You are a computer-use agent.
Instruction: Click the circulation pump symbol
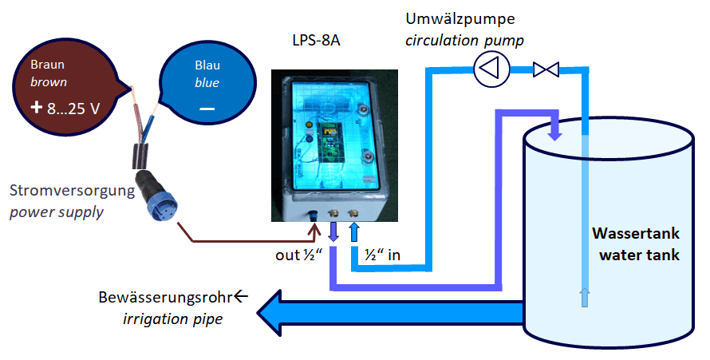[x=490, y=69]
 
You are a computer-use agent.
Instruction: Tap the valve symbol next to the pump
[x=546, y=69]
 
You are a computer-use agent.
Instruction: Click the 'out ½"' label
[x=298, y=255]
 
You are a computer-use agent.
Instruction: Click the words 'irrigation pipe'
[x=172, y=319]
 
